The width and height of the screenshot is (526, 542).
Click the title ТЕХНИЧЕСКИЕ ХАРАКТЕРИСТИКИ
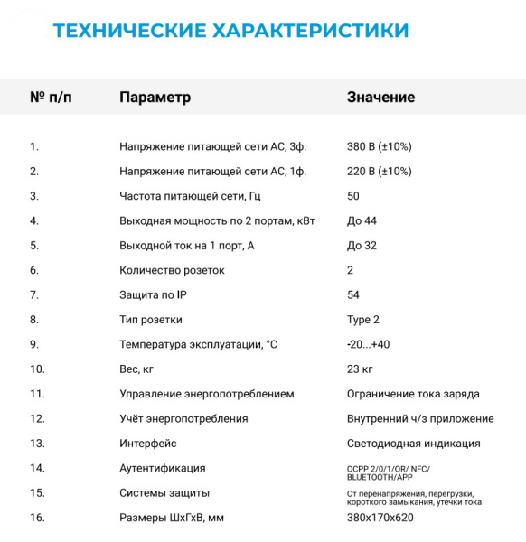pyautogui.click(x=230, y=31)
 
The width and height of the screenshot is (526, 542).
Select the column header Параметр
pyautogui.click(x=155, y=98)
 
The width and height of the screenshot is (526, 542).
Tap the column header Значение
pyautogui.click(x=380, y=98)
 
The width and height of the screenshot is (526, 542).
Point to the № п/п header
pyautogui.click(x=51, y=98)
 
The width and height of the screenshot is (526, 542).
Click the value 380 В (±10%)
pyautogui.click(x=379, y=146)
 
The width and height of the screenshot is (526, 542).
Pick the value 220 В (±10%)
pyautogui.click(x=379, y=171)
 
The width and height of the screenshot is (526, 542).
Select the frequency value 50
pyautogui.click(x=353, y=196)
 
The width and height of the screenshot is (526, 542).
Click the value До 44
pyautogui.click(x=362, y=220)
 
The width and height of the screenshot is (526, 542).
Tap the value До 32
pyautogui.click(x=362, y=246)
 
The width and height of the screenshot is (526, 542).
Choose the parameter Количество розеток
pyautogui.click(x=172, y=270)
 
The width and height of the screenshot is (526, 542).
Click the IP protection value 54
pyautogui.click(x=353, y=295)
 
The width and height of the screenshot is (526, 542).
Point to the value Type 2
pyautogui.click(x=363, y=320)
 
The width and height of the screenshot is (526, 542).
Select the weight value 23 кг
pyautogui.click(x=360, y=369)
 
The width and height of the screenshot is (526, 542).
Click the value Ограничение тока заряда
pyautogui.click(x=413, y=394)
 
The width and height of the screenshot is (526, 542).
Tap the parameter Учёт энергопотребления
pyautogui.click(x=183, y=418)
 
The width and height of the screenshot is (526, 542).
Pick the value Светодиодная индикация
pyautogui.click(x=413, y=444)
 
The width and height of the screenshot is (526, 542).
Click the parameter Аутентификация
pyautogui.click(x=162, y=468)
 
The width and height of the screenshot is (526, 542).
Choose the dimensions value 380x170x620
pyautogui.click(x=380, y=518)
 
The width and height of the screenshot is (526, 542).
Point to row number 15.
pyautogui.click(x=37, y=493)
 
